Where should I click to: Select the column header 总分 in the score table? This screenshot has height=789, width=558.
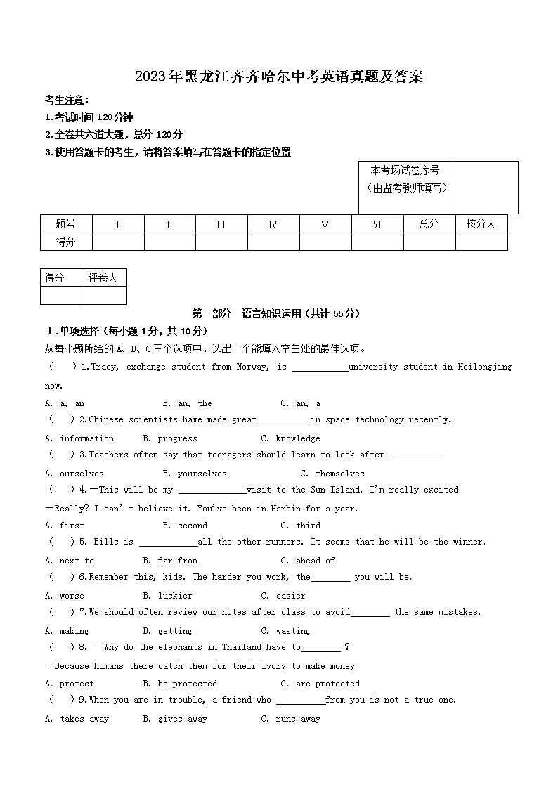[x=429, y=224]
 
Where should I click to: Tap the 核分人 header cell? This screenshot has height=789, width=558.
[x=481, y=224]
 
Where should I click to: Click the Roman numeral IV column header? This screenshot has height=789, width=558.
[x=273, y=225]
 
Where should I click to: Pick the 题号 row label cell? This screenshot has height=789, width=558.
[x=65, y=224]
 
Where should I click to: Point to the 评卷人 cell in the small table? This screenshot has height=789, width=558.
[x=103, y=278]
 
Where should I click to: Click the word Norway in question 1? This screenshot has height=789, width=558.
[x=252, y=367]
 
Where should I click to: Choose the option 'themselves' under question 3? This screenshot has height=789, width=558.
[x=340, y=474]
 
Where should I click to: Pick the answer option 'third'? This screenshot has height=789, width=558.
[x=308, y=526]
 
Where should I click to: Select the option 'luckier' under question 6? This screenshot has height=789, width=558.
[x=175, y=596]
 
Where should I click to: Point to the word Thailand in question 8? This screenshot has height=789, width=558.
[x=242, y=647]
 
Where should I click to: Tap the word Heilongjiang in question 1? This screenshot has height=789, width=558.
[x=485, y=367]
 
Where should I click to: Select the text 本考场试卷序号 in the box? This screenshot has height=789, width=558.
[x=405, y=170]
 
